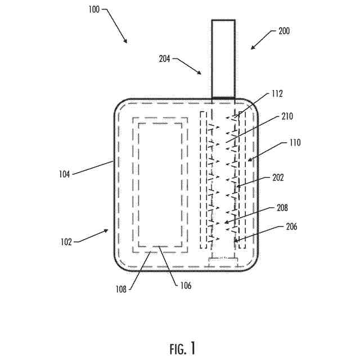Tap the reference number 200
tap(284, 31)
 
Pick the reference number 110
tap(295, 143)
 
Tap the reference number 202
tap(278, 177)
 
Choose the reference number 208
tap(282, 208)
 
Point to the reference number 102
tap(66, 242)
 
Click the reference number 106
tap(186, 286)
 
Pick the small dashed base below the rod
tap(224, 260)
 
